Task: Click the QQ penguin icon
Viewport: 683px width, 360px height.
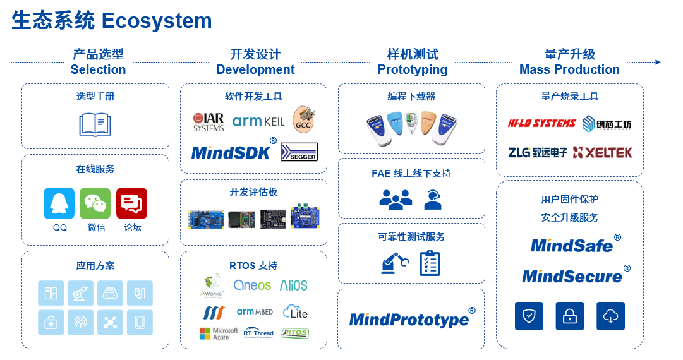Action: (59, 203)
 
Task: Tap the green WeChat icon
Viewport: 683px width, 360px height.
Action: (95, 203)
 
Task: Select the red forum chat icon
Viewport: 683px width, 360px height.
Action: (131, 203)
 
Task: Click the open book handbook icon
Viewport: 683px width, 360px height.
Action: (95, 124)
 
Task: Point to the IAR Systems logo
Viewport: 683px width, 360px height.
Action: (209, 121)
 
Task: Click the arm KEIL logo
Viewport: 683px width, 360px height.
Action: (258, 121)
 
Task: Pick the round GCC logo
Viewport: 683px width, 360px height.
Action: (304, 119)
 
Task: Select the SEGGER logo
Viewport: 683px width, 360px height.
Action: (299, 152)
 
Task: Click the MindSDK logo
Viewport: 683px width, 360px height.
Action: (231, 152)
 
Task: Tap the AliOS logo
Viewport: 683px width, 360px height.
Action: (294, 285)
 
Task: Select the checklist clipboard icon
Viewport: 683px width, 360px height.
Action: (430, 263)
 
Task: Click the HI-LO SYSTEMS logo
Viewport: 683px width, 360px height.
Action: (541, 123)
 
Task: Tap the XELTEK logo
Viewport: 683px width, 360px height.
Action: (602, 152)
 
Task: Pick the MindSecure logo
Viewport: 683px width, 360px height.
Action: (573, 276)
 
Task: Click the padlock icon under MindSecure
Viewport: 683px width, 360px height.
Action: (570, 316)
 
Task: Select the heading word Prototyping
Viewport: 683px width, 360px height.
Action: (412, 69)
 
